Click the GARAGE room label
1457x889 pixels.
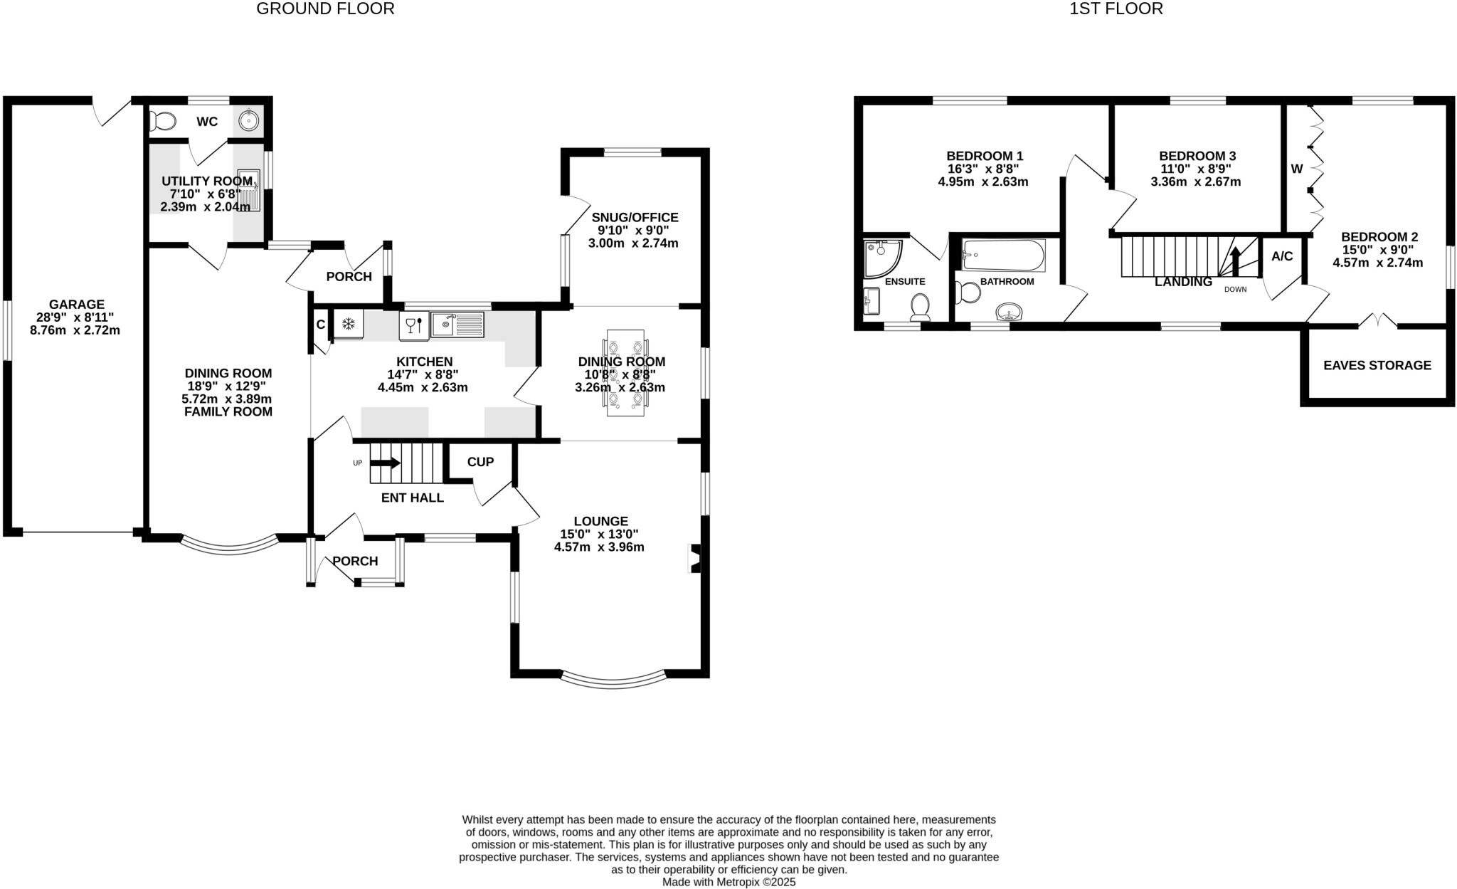[76, 305]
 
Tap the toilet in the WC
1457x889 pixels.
[163, 121]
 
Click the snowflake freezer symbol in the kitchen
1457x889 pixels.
[348, 325]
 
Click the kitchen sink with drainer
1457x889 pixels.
[457, 325]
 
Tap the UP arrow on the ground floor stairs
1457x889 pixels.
[385, 463]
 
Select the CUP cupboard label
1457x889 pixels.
[480, 462]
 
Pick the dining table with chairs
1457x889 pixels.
[625, 373]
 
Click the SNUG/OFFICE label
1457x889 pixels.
[635, 218]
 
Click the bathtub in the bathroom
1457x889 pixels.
[1003, 256]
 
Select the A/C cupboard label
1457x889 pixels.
[1282, 256]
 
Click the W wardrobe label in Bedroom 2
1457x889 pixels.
[1296, 169]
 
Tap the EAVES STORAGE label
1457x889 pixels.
[1377, 365]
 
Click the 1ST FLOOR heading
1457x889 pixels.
[1116, 9]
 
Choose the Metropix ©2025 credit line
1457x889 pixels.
[728, 882]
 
